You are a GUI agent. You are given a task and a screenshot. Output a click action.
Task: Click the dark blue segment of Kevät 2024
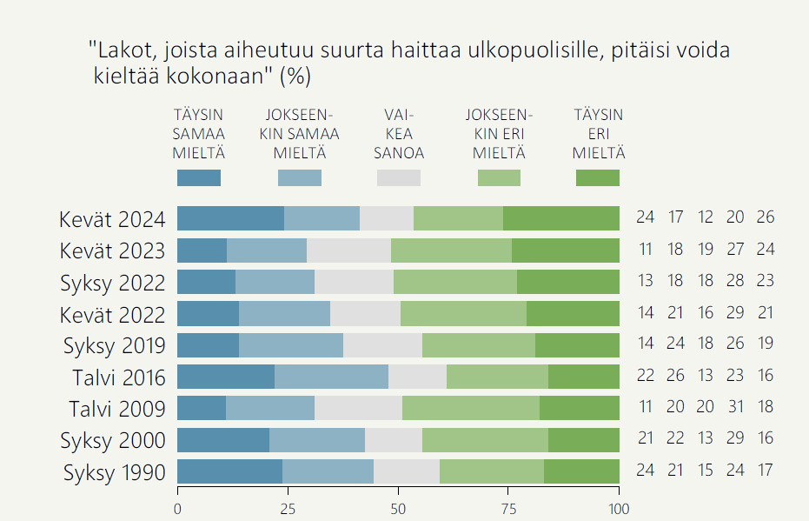click(230, 218)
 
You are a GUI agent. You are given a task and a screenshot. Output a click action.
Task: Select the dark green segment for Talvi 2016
click(583, 377)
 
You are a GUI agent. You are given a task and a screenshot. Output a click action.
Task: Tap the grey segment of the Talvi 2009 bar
click(358, 408)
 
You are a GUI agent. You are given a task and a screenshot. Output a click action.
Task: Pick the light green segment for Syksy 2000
click(485, 440)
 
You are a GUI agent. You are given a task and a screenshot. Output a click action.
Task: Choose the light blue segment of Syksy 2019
click(291, 345)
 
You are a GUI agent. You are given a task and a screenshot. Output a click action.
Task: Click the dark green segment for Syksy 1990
click(581, 471)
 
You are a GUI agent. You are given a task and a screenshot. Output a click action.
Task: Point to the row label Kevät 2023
click(112, 250)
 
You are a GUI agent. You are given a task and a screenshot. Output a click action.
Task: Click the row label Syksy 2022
click(112, 282)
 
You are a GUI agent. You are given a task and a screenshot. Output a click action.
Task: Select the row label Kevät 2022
click(112, 313)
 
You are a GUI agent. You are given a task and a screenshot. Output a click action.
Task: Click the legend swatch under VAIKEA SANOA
click(398, 177)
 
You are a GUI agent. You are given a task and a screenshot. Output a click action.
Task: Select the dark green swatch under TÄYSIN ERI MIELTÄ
click(598, 177)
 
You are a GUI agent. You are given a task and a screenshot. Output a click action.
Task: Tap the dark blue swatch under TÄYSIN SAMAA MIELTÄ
click(198, 177)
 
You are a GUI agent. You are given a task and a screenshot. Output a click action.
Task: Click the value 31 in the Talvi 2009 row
click(735, 406)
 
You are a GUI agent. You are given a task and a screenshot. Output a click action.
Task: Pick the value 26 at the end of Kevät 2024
click(765, 217)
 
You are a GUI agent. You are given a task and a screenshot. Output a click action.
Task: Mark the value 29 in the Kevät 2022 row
click(735, 312)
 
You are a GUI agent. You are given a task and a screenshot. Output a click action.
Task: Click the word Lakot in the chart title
click(120, 50)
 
